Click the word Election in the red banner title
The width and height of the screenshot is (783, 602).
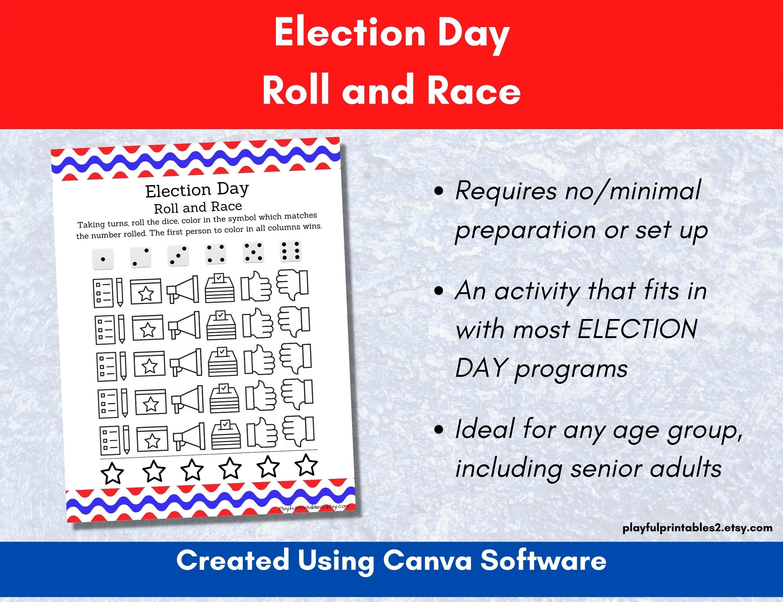[350, 34]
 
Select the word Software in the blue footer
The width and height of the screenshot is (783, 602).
[543, 561]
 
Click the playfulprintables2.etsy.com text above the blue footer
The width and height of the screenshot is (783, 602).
[697, 528]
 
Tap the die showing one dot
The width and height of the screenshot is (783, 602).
[103, 259]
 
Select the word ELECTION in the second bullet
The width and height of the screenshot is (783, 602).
[638, 329]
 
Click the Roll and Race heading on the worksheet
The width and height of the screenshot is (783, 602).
[198, 207]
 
